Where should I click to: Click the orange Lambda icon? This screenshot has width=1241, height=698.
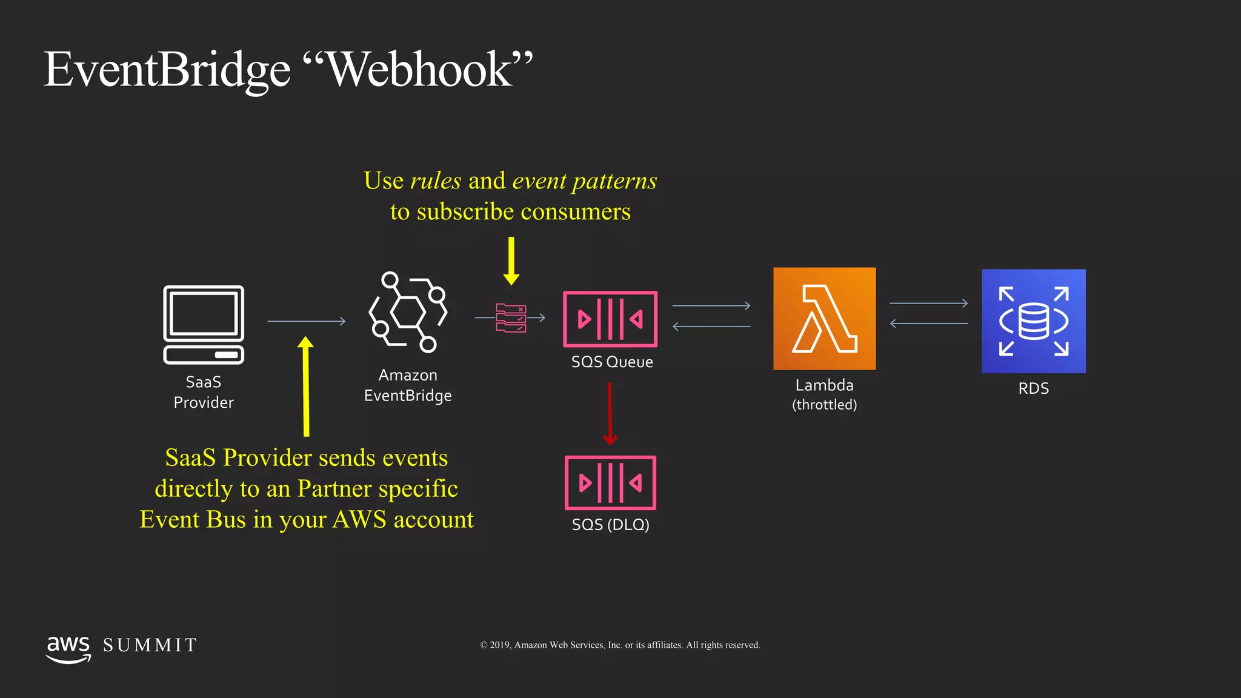824,319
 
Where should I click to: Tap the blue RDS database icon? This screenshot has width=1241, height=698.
1033,321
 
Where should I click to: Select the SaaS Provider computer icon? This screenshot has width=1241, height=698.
204,325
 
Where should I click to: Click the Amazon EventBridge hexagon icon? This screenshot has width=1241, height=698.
408,312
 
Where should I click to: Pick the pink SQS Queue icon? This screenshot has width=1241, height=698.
610,319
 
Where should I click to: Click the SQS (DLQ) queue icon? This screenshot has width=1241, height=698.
610,483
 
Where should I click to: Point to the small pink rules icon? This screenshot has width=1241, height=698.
511,317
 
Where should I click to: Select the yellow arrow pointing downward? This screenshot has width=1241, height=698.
511,261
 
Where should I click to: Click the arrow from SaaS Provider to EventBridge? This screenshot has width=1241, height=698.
306,321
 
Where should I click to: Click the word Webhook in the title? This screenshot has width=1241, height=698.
419,70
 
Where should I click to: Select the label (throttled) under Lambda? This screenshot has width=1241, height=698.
824,405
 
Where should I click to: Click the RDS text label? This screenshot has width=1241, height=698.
1033,388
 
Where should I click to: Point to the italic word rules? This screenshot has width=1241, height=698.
436,181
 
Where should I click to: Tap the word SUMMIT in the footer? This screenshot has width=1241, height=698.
150,645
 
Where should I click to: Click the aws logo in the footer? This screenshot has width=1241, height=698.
68,649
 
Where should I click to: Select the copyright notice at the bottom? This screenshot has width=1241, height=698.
620,645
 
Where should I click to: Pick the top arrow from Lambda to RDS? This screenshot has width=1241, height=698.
928,303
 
